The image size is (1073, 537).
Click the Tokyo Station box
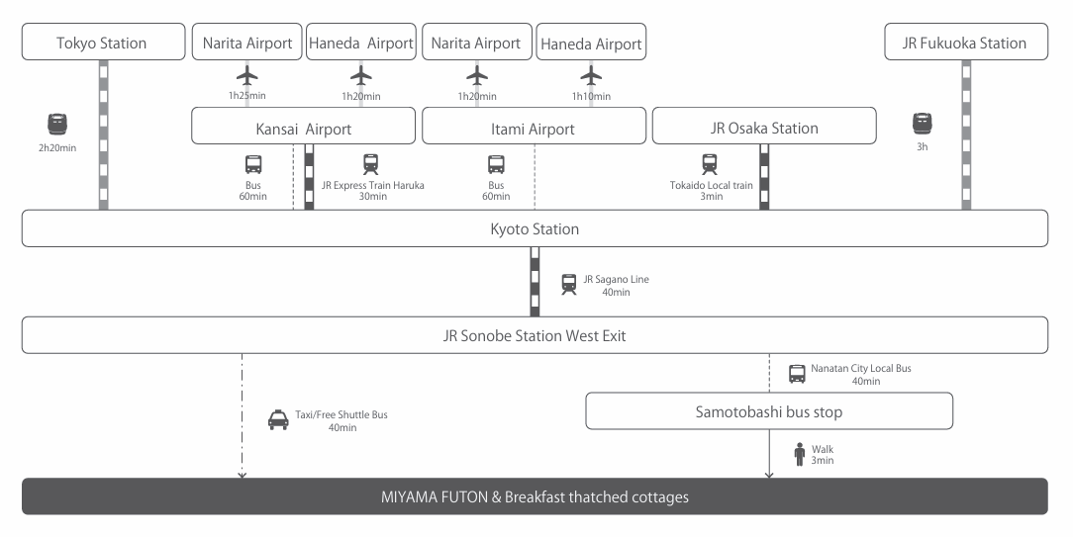point(102,43)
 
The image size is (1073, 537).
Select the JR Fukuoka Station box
point(965,43)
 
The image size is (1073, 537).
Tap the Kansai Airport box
point(303,129)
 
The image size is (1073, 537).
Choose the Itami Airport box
point(533,129)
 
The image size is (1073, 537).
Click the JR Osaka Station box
point(764,128)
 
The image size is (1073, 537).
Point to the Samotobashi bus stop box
point(768,410)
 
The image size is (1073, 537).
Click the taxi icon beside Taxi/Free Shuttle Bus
point(279,420)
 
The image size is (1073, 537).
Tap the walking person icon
point(799,454)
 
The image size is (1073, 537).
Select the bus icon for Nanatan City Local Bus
point(797,374)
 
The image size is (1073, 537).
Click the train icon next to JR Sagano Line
point(568,285)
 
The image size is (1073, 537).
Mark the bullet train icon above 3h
point(923,124)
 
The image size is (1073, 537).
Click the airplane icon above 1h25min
point(247,75)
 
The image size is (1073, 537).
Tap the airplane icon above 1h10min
point(591,75)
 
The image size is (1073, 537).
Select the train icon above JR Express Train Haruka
point(371,164)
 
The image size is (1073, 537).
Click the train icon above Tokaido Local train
point(710,164)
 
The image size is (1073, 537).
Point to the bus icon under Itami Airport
point(496,164)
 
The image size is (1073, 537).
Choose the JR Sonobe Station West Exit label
point(535,336)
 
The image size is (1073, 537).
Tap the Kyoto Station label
point(535,229)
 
